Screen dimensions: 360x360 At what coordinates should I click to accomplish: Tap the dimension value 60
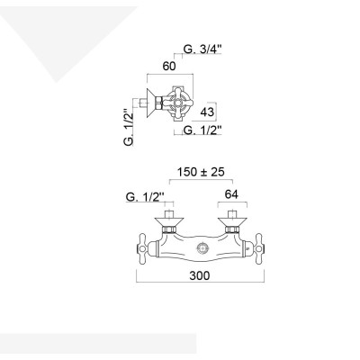click(x=168, y=66)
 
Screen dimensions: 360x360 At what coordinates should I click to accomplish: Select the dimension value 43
click(x=207, y=112)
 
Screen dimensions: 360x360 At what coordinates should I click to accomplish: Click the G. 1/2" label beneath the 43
click(x=203, y=130)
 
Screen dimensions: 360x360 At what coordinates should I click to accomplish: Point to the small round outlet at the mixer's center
click(x=201, y=247)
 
